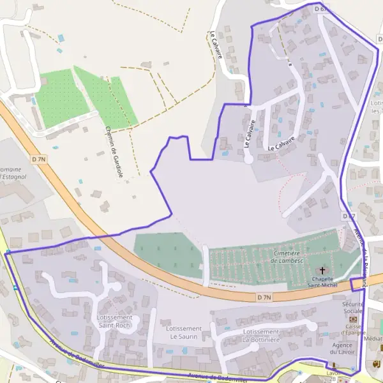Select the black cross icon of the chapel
(323, 272)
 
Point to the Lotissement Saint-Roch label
(115, 321)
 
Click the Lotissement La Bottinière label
(261, 336)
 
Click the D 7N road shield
(264, 297)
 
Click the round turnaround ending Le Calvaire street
(248, 159)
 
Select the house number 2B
(332, 379)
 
